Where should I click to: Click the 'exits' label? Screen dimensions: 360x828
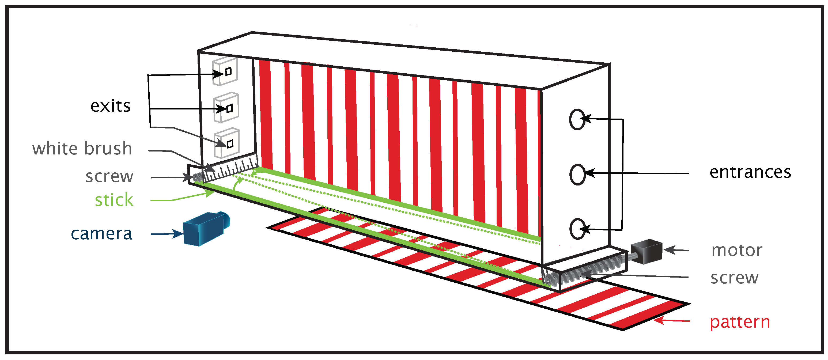(110, 106)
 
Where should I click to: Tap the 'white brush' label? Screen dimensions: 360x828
(82, 149)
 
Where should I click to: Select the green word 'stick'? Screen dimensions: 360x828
(114, 200)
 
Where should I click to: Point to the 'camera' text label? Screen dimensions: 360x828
(101, 234)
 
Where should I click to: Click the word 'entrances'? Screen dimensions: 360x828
(750, 172)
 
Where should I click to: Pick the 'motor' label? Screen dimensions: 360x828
(737, 250)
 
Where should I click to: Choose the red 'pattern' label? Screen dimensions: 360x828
(740, 322)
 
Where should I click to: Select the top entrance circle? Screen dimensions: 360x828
(577, 120)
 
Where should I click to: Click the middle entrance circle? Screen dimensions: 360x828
(578, 175)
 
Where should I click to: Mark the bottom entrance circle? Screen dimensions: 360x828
(578, 229)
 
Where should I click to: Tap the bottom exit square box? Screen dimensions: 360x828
(227, 143)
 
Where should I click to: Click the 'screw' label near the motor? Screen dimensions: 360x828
(734, 278)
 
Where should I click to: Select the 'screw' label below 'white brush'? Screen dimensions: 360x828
(109, 176)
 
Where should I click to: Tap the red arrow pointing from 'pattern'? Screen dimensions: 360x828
(672, 320)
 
